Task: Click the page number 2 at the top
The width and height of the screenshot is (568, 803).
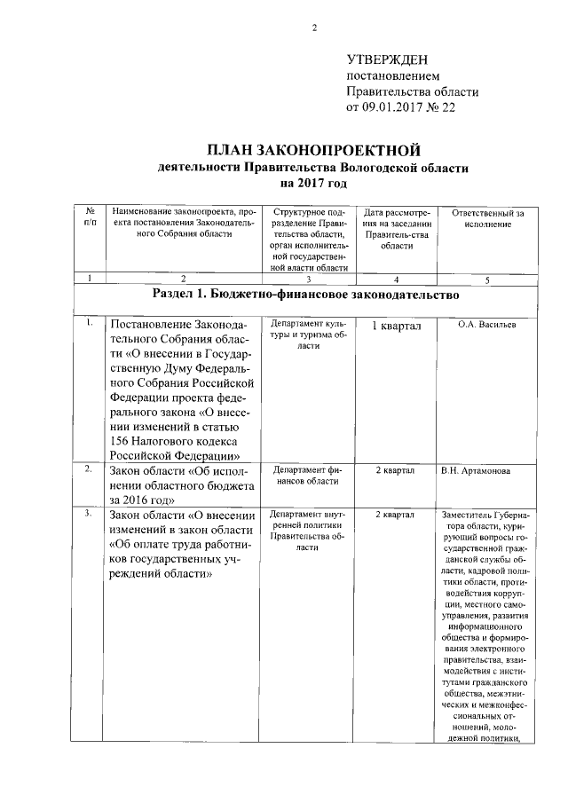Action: coord(314,28)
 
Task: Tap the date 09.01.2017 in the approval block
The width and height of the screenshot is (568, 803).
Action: coord(391,107)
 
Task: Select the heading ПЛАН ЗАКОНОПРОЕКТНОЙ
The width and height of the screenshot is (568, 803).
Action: coord(313,148)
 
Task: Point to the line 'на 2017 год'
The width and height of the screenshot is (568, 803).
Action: coord(313,183)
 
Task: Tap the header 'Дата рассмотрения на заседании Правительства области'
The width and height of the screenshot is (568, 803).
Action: coord(397,229)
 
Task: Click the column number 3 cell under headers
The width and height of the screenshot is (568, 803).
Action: coord(307,279)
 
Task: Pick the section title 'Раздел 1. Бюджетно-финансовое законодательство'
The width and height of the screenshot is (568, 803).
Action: coord(306,295)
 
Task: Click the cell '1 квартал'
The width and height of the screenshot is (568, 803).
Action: coord(396,326)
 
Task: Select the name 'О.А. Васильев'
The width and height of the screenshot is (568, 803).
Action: coord(487,324)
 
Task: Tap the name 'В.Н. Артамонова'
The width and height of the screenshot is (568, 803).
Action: coord(487,471)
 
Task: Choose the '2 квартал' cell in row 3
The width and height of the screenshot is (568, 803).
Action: coord(396,514)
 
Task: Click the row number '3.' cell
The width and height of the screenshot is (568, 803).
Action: coord(90,514)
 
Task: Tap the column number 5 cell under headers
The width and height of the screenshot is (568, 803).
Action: coord(487,279)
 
